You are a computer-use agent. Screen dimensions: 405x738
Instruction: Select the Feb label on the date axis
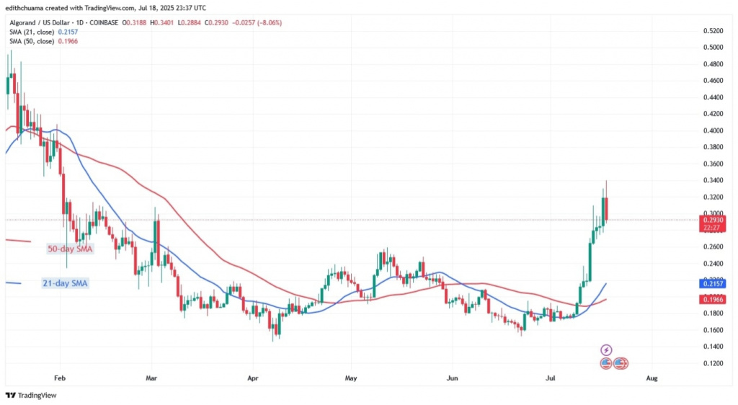60,378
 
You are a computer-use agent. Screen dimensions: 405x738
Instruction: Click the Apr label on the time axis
252,378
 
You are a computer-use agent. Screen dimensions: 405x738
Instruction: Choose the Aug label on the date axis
652,378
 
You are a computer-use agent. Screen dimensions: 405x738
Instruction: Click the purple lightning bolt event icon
606,350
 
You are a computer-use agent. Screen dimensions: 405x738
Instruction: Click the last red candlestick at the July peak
607,208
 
